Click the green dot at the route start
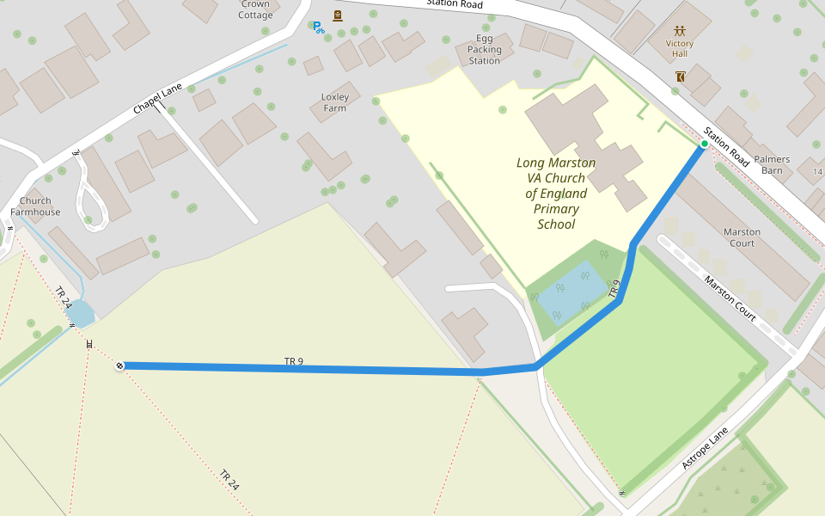(704, 144)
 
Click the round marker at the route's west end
(119, 366)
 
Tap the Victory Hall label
(679, 48)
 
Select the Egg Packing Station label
(484, 50)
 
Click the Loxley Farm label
(335, 102)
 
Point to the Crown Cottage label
(254, 9)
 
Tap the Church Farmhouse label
(35, 206)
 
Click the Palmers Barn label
(772, 164)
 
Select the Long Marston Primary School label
(556, 193)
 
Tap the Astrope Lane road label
(705, 447)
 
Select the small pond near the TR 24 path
(80, 312)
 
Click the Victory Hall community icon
(680, 30)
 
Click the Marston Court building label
(742, 237)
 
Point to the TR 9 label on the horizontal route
(294, 361)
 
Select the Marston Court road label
(730, 298)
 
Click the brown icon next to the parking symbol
(338, 15)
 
